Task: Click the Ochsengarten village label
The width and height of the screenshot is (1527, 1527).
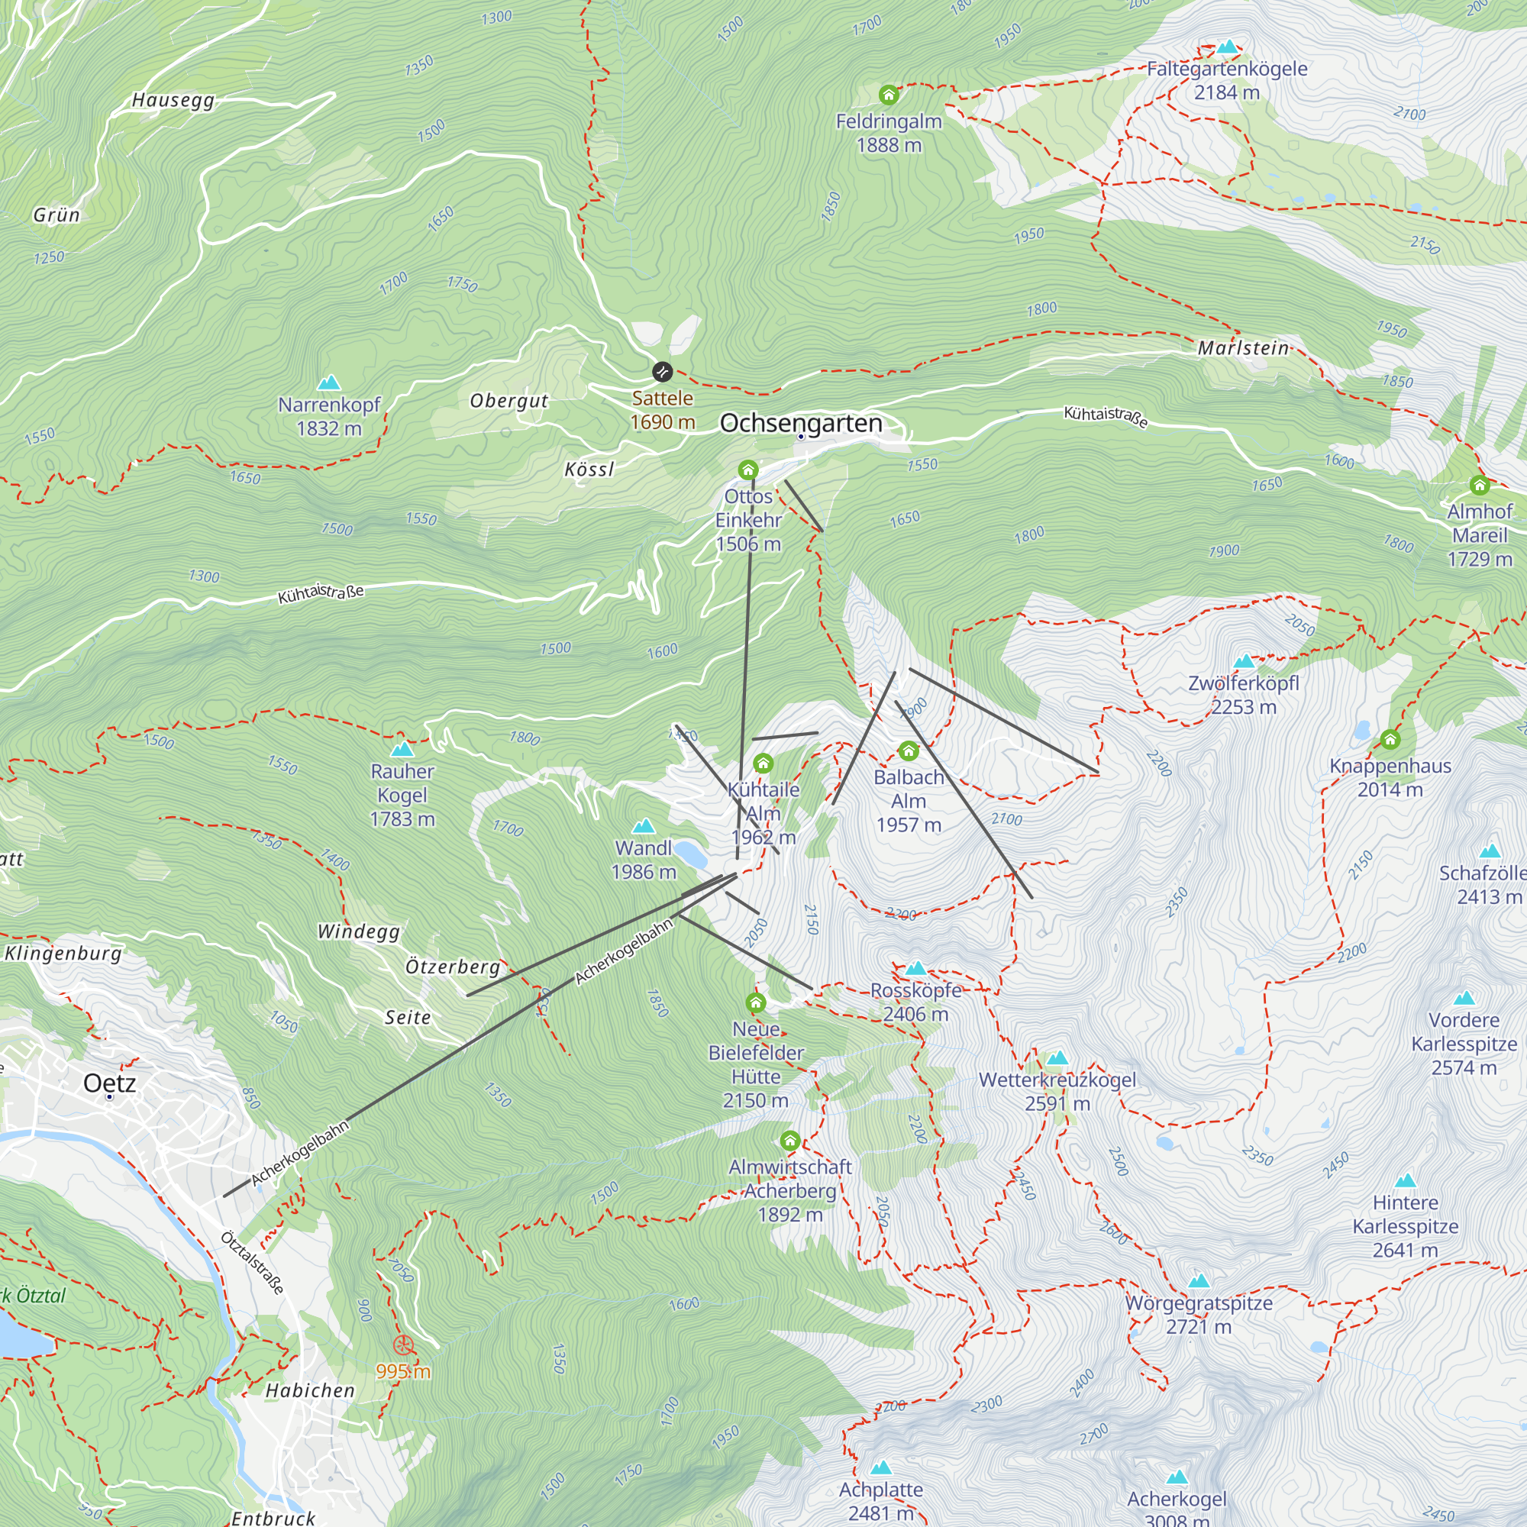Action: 801,423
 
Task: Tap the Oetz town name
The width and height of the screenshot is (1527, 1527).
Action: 110,1083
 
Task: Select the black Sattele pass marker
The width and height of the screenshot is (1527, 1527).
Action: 662,372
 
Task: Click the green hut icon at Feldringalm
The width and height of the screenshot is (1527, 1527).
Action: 889,95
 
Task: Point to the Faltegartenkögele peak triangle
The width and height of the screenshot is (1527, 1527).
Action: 1227,47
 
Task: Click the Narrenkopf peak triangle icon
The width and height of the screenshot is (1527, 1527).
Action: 329,383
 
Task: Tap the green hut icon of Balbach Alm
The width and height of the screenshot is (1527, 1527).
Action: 908,750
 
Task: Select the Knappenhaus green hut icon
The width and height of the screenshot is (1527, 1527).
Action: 1390,740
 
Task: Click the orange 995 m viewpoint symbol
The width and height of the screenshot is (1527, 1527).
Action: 403,1345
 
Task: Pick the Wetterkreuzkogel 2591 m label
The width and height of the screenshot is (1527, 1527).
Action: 1057,1091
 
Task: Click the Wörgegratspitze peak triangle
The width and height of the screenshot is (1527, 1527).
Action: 1199,1280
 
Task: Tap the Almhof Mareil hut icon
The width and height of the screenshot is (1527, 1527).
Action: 1480,485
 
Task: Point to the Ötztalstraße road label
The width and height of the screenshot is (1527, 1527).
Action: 252,1262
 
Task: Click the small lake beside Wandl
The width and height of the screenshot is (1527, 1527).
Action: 690,854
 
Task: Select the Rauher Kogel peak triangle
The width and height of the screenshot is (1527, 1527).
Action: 402,748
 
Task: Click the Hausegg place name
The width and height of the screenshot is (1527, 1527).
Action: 173,100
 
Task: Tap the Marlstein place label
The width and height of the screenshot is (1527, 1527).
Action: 1242,347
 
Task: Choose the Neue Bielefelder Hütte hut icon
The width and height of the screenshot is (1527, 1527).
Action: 756,1003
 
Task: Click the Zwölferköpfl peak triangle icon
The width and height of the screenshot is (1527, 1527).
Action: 1244,660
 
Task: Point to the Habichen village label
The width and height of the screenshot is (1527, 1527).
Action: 310,1390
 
